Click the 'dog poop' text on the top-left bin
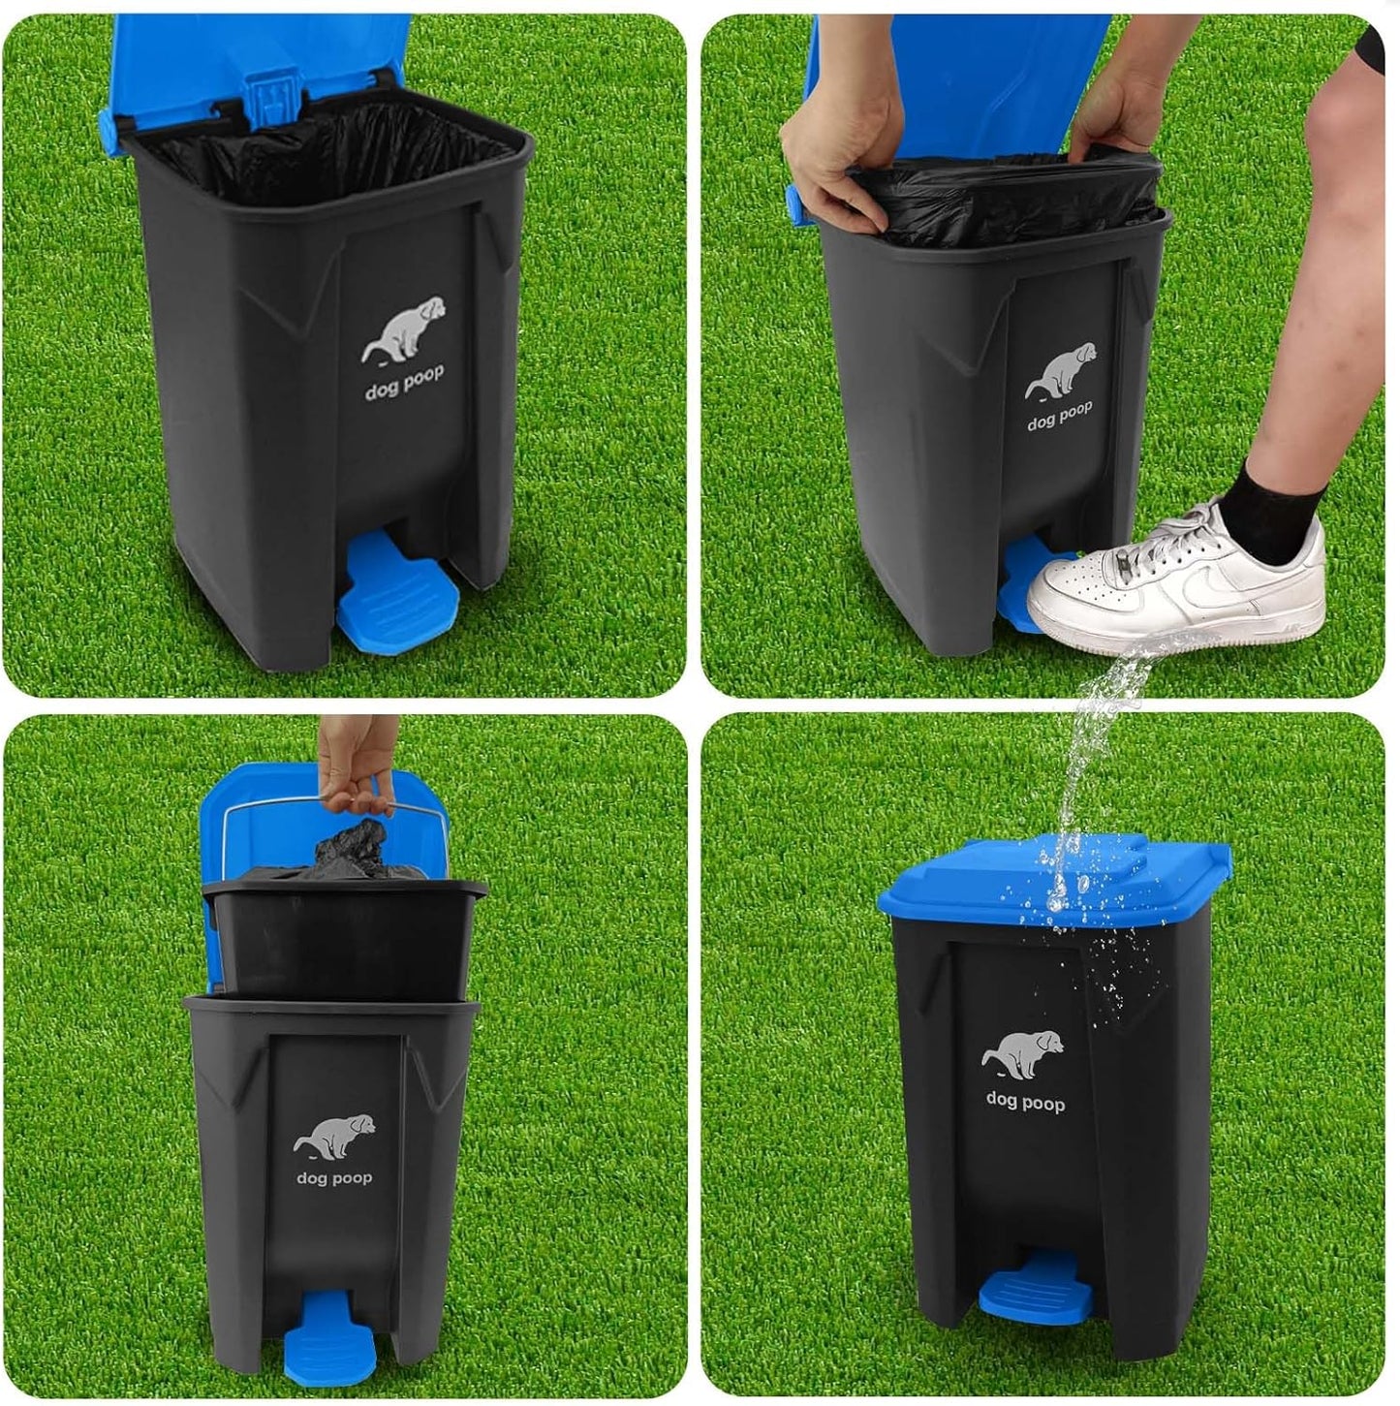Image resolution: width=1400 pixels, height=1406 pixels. point(405,383)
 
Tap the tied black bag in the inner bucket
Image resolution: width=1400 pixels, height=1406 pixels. point(354,853)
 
